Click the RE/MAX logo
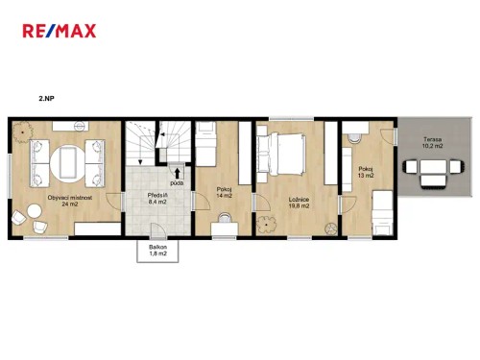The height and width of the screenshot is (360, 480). click(x=60, y=31)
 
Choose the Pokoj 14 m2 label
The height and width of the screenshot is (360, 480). click(x=225, y=191)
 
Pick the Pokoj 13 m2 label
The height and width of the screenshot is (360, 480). click(x=367, y=173)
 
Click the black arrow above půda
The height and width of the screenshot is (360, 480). click(x=178, y=169)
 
